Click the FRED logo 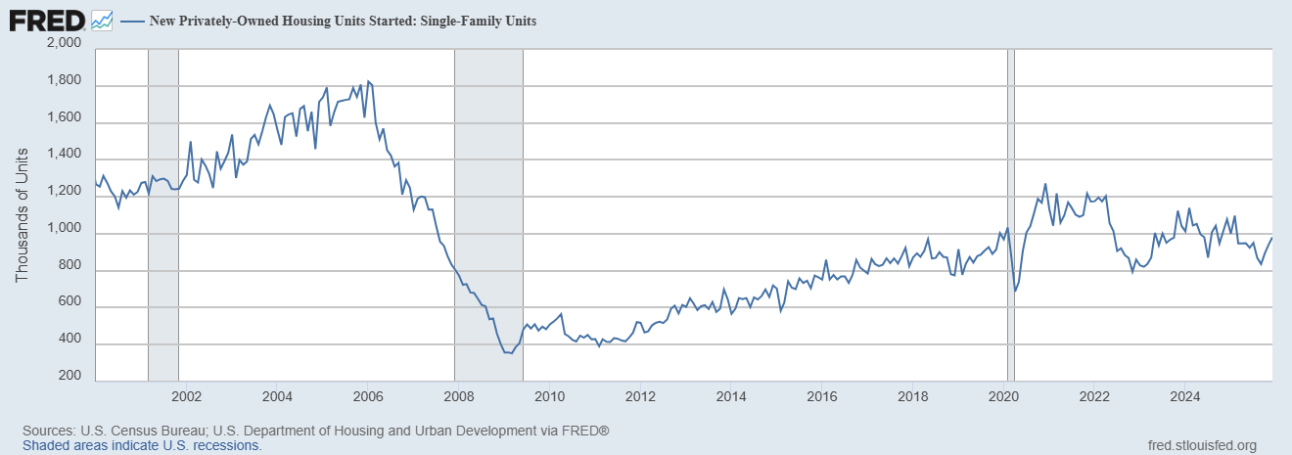(46, 19)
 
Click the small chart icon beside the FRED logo (102, 19)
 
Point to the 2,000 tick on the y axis (63, 44)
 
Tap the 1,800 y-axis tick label (63, 86)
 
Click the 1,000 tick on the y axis (63, 233)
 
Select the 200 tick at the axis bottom (69, 377)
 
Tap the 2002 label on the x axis (186, 396)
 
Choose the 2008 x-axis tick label (458, 396)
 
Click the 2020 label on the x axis (1004, 396)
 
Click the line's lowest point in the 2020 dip (1015, 291)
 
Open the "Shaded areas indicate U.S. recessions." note (142, 445)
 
